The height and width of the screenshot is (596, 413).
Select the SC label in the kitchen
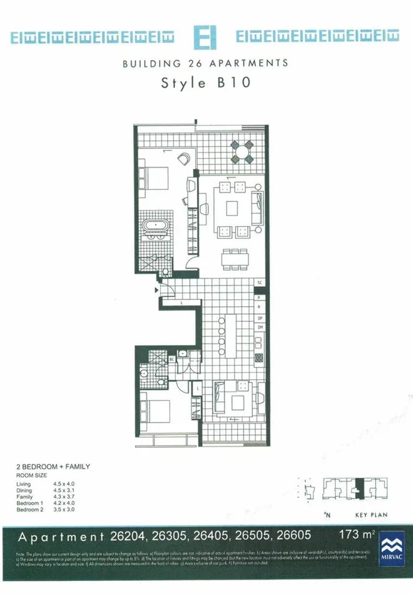coord(261,283)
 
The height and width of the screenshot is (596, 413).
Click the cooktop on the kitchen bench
coord(261,357)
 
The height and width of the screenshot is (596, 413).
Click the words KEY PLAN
coord(371,514)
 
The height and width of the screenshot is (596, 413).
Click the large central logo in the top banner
coord(206,36)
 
